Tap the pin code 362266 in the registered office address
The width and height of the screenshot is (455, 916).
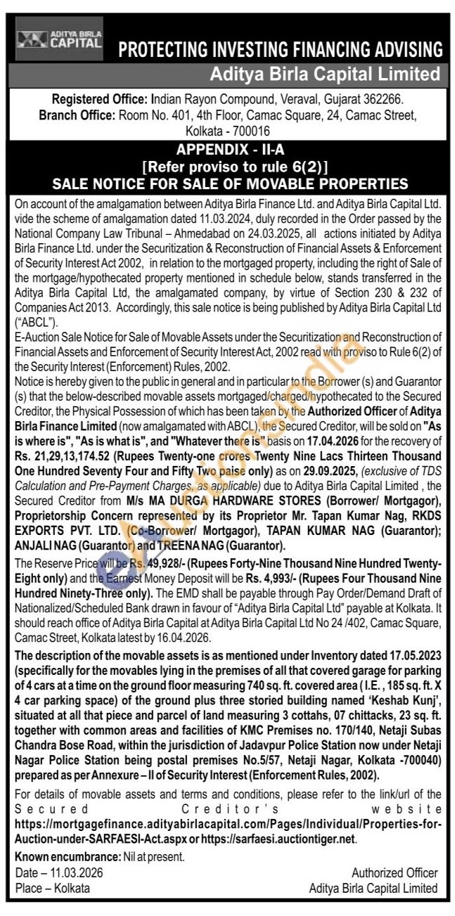pyautogui.click(x=399, y=101)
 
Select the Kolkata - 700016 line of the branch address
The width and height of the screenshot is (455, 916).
pyautogui.click(x=228, y=131)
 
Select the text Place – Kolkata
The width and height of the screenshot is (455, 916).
pyautogui.click(x=53, y=887)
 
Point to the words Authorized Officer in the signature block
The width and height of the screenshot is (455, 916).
pyautogui.click(x=395, y=872)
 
